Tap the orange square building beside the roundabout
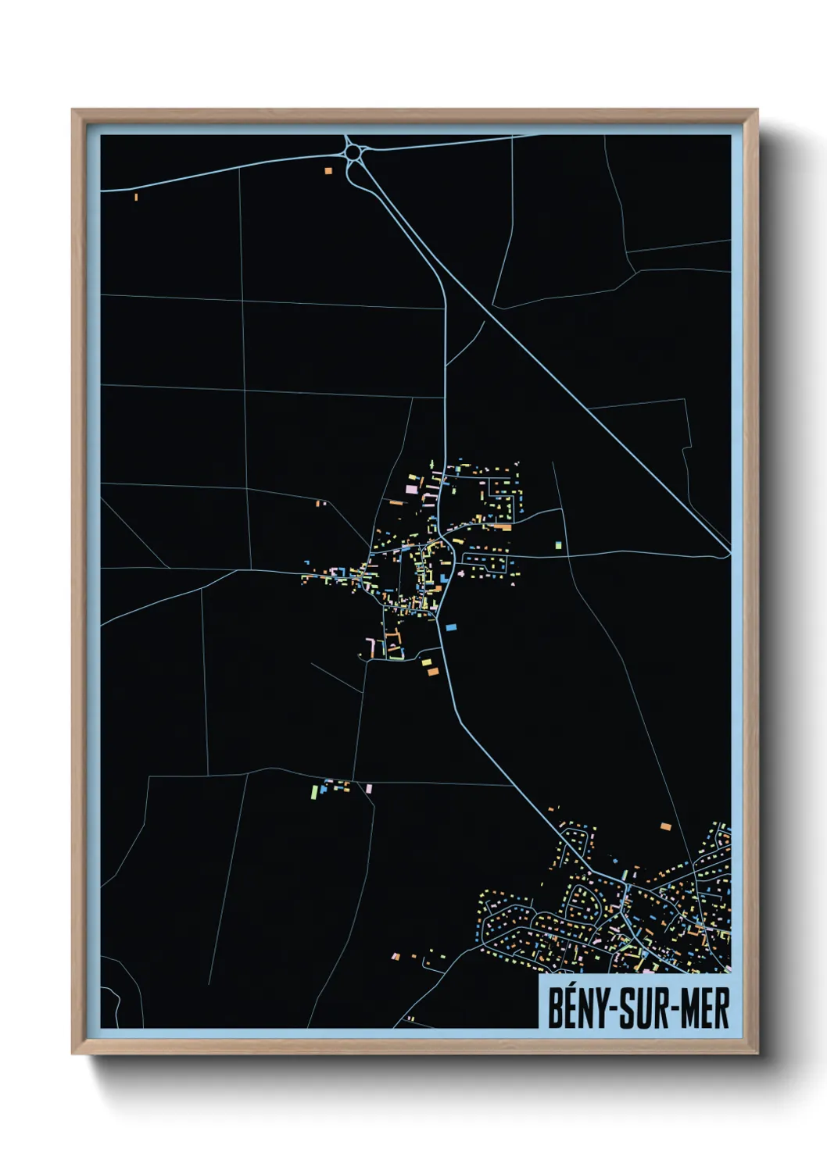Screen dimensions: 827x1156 coord(328,170)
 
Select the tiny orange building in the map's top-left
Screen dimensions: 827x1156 coord(136,197)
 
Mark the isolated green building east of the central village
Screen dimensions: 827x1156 coord(558,545)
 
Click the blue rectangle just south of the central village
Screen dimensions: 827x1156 coord(450,626)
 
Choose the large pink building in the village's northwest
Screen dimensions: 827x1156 coord(411,489)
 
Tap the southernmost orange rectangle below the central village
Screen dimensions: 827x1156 coord(432,671)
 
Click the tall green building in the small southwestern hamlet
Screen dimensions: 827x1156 coord(313,792)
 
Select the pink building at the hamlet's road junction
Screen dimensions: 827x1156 coord(369,789)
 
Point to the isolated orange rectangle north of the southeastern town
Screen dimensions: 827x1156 coord(665,826)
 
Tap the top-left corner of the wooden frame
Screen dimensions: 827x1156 coord(73,111)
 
